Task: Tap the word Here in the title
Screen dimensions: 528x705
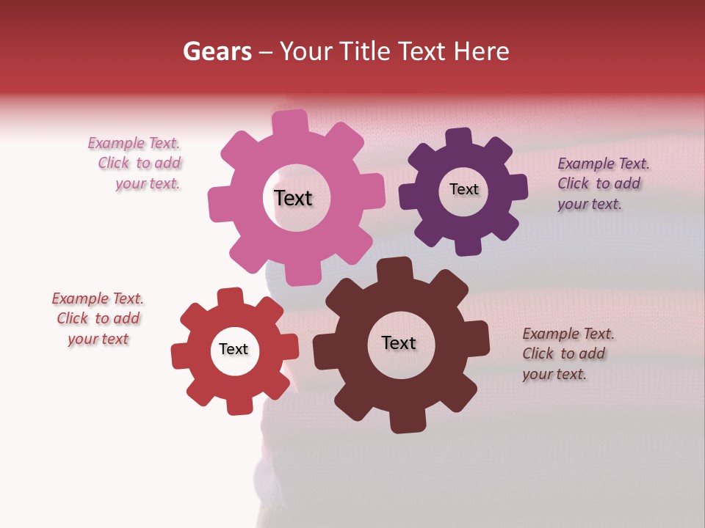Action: click(x=481, y=51)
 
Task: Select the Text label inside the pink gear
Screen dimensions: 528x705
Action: click(x=293, y=198)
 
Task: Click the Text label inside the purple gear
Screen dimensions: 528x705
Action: click(x=463, y=189)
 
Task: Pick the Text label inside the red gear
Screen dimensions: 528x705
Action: click(x=234, y=349)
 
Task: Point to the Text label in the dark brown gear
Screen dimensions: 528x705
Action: click(x=399, y=342)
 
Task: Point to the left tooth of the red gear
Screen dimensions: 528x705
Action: click(x=181, y=356)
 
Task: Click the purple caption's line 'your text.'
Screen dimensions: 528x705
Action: click(x=589, y=204)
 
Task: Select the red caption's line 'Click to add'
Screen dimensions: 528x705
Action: click(x=98, y=318)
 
